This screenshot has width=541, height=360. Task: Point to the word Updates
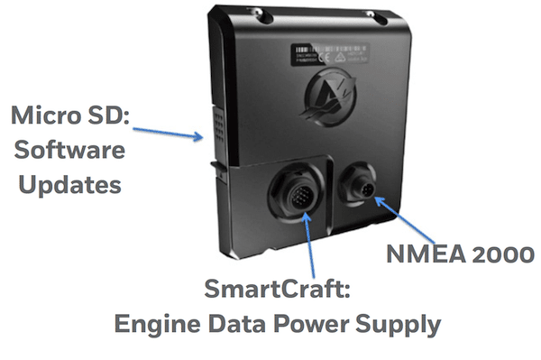click(66, 186)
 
